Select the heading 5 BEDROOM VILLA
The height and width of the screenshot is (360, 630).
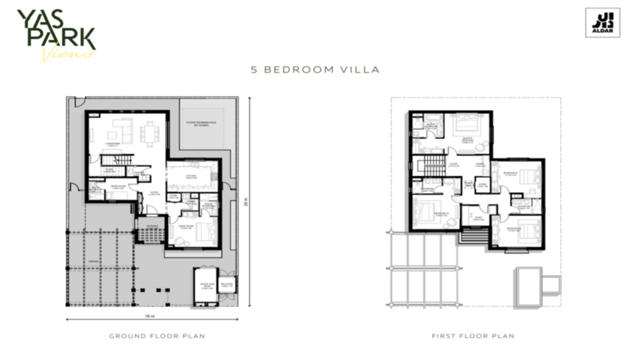[x=315, y=69]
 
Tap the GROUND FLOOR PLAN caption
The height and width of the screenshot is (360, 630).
[x=157, y=336]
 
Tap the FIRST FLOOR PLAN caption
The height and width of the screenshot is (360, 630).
[x=473, y=336]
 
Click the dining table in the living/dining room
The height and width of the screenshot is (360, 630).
[x=149, y=133]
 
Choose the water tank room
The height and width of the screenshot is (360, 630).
[x=205, y=287]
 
